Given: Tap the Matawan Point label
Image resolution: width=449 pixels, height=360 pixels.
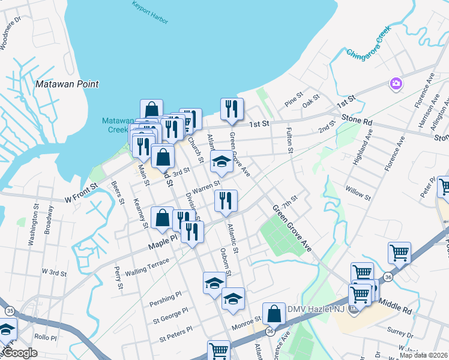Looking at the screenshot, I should (67, 84).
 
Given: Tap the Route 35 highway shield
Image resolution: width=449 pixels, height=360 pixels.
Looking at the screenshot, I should (10, 311).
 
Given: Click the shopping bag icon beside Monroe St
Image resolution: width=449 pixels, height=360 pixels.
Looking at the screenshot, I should (274, 313).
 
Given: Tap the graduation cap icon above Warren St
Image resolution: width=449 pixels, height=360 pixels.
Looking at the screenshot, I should (221, 161).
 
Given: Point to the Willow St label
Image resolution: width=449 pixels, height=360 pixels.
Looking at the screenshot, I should (358, 193).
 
